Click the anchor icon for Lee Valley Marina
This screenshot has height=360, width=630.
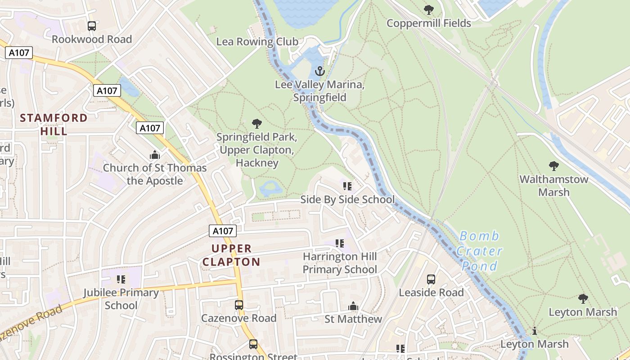tap(319, 71)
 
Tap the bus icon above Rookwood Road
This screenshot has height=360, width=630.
tap(92, 26)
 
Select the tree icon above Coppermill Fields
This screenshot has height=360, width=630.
tap(429, 9)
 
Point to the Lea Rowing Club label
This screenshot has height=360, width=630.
tap(257, 42)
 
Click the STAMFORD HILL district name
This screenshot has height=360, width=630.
tap(54, 125)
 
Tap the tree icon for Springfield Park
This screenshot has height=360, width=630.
tap(257, 123)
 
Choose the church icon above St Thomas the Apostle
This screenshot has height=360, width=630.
tap(155, 155)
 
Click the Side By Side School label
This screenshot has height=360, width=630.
tap(347, 199)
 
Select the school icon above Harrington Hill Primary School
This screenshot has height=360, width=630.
tap(340, 243)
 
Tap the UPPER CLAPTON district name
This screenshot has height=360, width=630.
tap(231, 255)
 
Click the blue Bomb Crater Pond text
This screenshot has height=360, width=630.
tap(480, 251)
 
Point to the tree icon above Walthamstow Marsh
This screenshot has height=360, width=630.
tap(554, 166)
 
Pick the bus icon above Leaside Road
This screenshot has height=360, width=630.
tap(431, 279)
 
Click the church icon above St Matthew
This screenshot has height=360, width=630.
tap(353, 306)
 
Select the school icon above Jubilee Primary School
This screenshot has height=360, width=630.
tap(121, 279)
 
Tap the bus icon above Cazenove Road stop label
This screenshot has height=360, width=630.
tap(239, 305)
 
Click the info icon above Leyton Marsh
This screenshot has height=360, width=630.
tap(535, 331)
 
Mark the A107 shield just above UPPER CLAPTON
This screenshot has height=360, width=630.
tap(223, 231)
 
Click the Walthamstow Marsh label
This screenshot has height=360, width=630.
tap(554, 185)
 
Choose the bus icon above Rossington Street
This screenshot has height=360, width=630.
tap(253, 344)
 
